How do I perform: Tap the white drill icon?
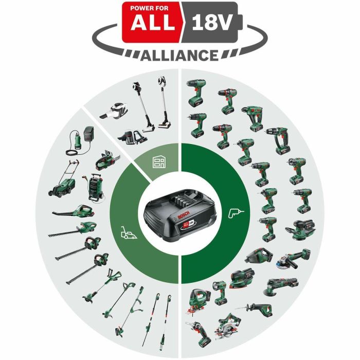click(x=236, y=211)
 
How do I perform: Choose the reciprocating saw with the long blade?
click(x=257, y=309)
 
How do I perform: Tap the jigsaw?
click(x=197, y=298)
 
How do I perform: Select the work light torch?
click(x=220, y=293)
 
